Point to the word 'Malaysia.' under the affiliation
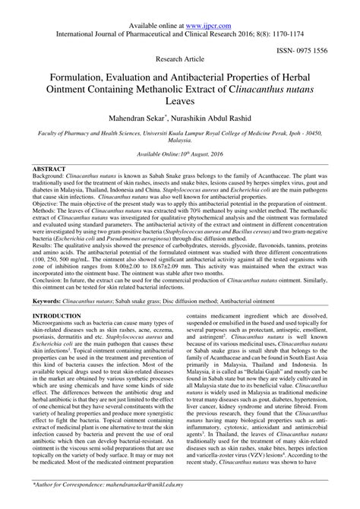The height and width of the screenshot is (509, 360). tap(180, 161)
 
